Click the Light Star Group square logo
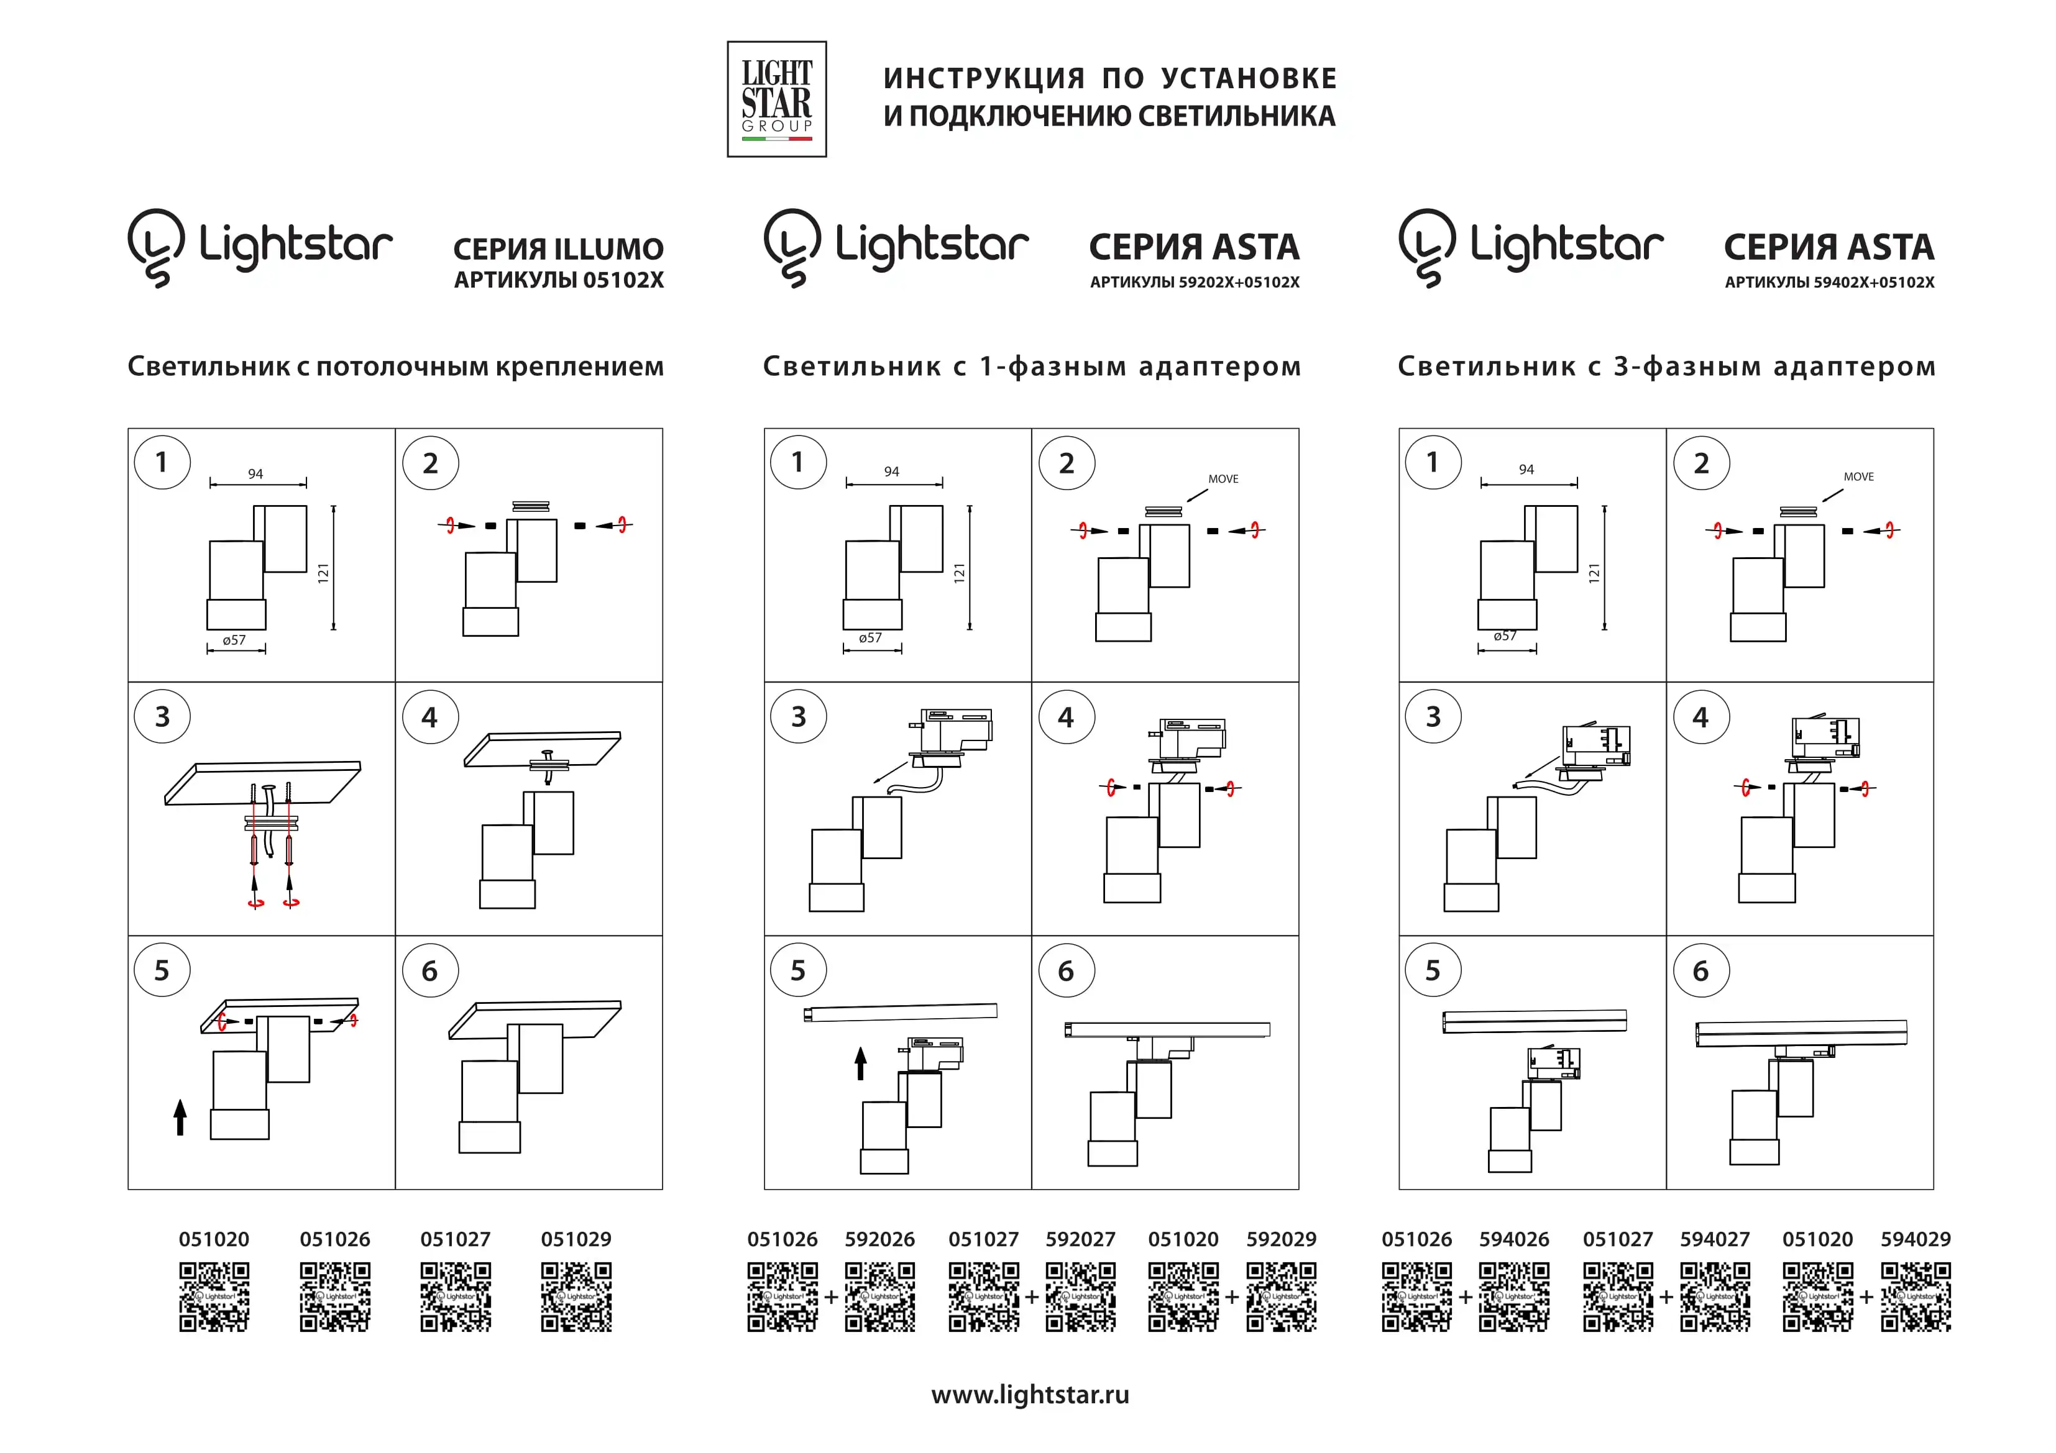point(776,99)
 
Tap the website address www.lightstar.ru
point(1030,1395)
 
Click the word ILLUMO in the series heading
point(609,249)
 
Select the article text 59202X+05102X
point(1239,282)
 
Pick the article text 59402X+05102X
point(1873,282)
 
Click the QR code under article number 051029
point(576,1296)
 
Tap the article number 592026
point(879,1239)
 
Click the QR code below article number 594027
point(1714,1296)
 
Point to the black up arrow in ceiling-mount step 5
point(181,1118)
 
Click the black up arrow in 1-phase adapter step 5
point(861,1064)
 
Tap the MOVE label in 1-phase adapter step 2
point(1223,479)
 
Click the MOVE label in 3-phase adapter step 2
point(1858,476)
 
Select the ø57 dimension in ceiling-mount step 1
point(234,640)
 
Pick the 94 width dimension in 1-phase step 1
point(891,471)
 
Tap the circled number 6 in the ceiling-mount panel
point(430,970)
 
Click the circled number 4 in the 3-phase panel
point(1700,717)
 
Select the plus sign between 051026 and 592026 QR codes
point(831,1296)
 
